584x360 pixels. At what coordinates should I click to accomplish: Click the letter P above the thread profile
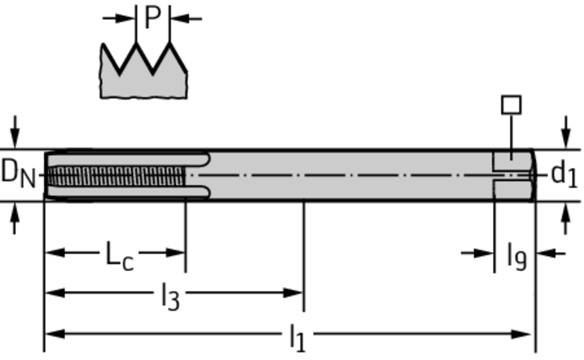pyautogui.click(x=152, y=18)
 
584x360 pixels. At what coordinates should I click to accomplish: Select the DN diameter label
pyautogui.click(x=18, y=173)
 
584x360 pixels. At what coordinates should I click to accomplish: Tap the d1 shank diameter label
pyautogui.click(x=564, y=174)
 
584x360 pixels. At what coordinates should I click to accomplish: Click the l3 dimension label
pyautogui.click(x=171, y=296)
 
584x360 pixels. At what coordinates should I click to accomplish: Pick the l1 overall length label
pyautogui.click(x=298, y=338)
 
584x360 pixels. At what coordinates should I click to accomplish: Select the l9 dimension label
pyautogui.click(x=517, y=256)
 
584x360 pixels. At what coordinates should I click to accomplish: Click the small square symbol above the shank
pyautogui.click(x=512, y=105)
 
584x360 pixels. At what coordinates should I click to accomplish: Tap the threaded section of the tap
pyautogui.click(x=116, y=176)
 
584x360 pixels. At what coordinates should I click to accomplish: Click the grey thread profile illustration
pyautogui.click(x=143, y=71)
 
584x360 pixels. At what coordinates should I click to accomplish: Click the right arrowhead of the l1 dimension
pyautogui.click(x=521, y=334)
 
